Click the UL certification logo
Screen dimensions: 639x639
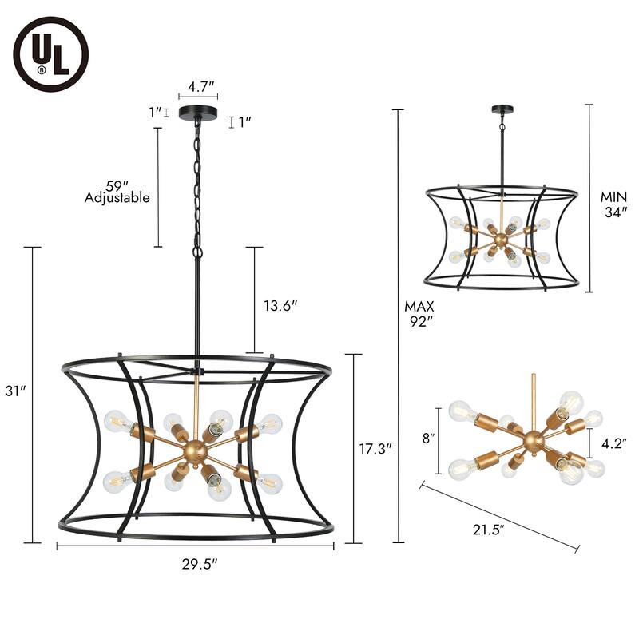point(51,54)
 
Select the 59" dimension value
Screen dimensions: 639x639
point(114,186)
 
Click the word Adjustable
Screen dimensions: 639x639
point(117,198)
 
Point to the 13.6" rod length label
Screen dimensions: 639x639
point(281,306)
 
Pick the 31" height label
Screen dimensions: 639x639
point(15,391)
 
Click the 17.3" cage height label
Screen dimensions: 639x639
point(375,449)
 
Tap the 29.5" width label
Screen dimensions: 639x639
point(200,565)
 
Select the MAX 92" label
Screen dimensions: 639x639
point(419,314)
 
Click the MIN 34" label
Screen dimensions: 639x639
point(613,204)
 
